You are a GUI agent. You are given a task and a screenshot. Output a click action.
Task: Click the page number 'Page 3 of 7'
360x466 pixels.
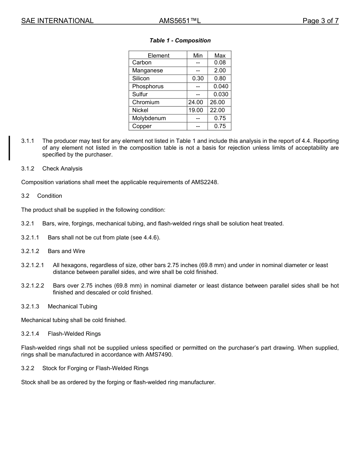coord(320,21)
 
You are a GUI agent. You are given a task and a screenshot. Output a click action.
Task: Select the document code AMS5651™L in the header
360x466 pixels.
coord(180,21)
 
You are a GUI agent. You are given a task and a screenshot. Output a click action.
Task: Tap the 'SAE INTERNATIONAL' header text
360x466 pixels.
coord(57,21)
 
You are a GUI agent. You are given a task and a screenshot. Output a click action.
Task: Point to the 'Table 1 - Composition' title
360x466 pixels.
coord(180,41)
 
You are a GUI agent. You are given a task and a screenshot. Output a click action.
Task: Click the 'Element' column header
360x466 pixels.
coord(158,55)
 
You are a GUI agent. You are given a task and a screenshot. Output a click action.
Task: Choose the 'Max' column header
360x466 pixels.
coord(220,55)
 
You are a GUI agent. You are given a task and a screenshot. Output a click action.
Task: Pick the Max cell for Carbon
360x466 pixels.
coord(220,63)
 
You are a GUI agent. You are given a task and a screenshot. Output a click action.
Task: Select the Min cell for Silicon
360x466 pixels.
coord(198,78)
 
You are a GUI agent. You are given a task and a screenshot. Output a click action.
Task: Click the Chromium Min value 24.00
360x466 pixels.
coord(196,102)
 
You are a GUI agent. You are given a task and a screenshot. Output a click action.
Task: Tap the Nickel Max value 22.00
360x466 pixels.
coord(218,110)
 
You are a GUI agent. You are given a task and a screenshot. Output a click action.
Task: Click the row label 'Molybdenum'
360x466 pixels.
coord(149,118)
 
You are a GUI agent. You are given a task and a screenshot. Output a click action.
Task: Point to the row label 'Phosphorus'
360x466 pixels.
coord(148,86)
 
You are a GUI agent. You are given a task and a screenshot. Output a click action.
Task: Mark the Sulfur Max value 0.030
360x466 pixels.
coord(221,94)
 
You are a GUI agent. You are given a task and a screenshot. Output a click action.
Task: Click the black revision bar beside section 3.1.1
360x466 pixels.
coord(9,148)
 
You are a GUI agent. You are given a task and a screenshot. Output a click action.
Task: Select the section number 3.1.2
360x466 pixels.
coord(28,169)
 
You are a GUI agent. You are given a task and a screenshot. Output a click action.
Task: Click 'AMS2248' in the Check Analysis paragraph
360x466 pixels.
coord(206,182)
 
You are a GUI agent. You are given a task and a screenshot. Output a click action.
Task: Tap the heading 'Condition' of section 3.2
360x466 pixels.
coord(50,196)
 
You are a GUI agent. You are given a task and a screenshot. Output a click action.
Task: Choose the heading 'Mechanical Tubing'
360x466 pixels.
coord(72,306)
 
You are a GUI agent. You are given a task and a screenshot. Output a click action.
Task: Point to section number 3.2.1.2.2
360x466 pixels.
coord(33,286)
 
